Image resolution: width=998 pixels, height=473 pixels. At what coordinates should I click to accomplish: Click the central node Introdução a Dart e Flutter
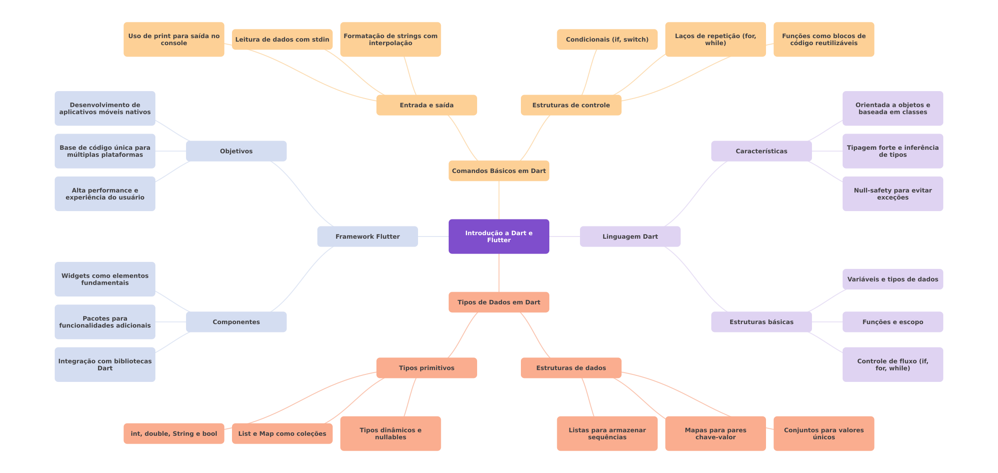[x=499, y=236]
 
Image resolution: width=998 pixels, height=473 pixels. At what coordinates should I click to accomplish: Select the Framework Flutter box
[x=368, y=236]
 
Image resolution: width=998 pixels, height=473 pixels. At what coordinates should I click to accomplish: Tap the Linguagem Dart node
[x=630, y=236]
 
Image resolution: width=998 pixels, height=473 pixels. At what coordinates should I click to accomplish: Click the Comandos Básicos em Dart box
[x=499, y=171]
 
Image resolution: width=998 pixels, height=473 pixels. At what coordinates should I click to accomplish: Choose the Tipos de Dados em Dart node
[x=499, y=302]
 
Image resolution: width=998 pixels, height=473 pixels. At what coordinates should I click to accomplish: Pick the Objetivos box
[x=236, y=151]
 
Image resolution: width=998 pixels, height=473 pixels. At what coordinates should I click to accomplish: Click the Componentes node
[x=236, y=322]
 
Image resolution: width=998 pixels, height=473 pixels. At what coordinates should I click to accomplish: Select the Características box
[x=762, y=151]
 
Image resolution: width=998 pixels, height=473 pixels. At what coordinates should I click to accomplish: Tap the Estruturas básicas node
[x=762, y=322]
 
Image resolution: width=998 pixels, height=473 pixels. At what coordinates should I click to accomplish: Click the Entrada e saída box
[x=427, y=105]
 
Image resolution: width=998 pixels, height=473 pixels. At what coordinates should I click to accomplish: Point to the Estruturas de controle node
[x=571, y=105]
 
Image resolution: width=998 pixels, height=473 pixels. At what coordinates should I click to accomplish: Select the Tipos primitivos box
[x=427, y=368]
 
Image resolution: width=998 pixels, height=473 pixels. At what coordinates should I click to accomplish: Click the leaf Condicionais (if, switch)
[x=607, y=39]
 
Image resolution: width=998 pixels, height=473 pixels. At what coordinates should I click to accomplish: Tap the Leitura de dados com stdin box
[x=282, y=39]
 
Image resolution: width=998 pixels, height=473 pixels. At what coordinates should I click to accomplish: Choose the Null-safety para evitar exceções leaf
[x=893, y=194]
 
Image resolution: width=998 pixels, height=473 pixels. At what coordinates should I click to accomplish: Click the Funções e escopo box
[x=893, y=322]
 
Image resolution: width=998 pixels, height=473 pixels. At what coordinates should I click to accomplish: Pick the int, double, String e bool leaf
[x=174, y=434]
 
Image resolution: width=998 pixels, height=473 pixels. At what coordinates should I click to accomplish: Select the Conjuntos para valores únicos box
[x=824, y=434]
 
